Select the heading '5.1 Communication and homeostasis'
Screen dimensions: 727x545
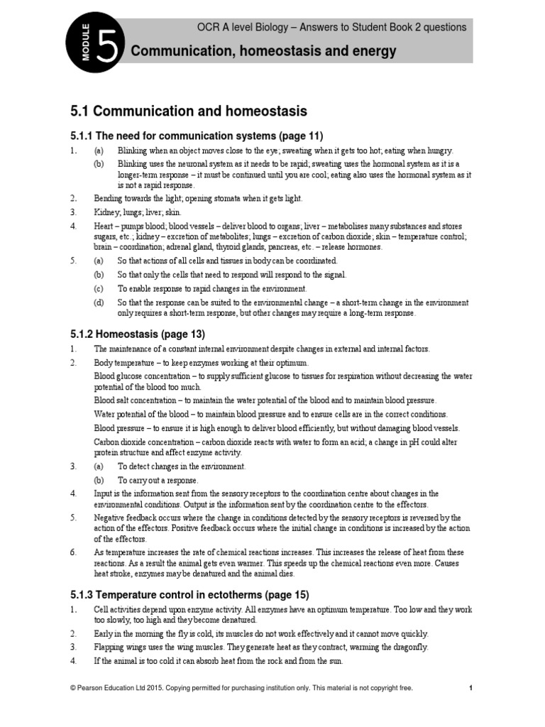(x=189, y=111)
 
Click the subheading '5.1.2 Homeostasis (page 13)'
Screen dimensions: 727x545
(x=138, y=334)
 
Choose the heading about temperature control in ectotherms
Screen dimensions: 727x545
(x=189, y=595)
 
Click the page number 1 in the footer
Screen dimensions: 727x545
(x=470, y=688)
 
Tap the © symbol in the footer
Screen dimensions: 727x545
(x=72, y=688)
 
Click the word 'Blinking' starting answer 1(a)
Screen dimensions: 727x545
(x=133, y=151)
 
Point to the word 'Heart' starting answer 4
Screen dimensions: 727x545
(x=105, y=226)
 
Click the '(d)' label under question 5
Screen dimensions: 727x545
(x=99, y=302)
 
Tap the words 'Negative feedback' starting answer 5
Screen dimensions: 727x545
(x=128, y=518)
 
